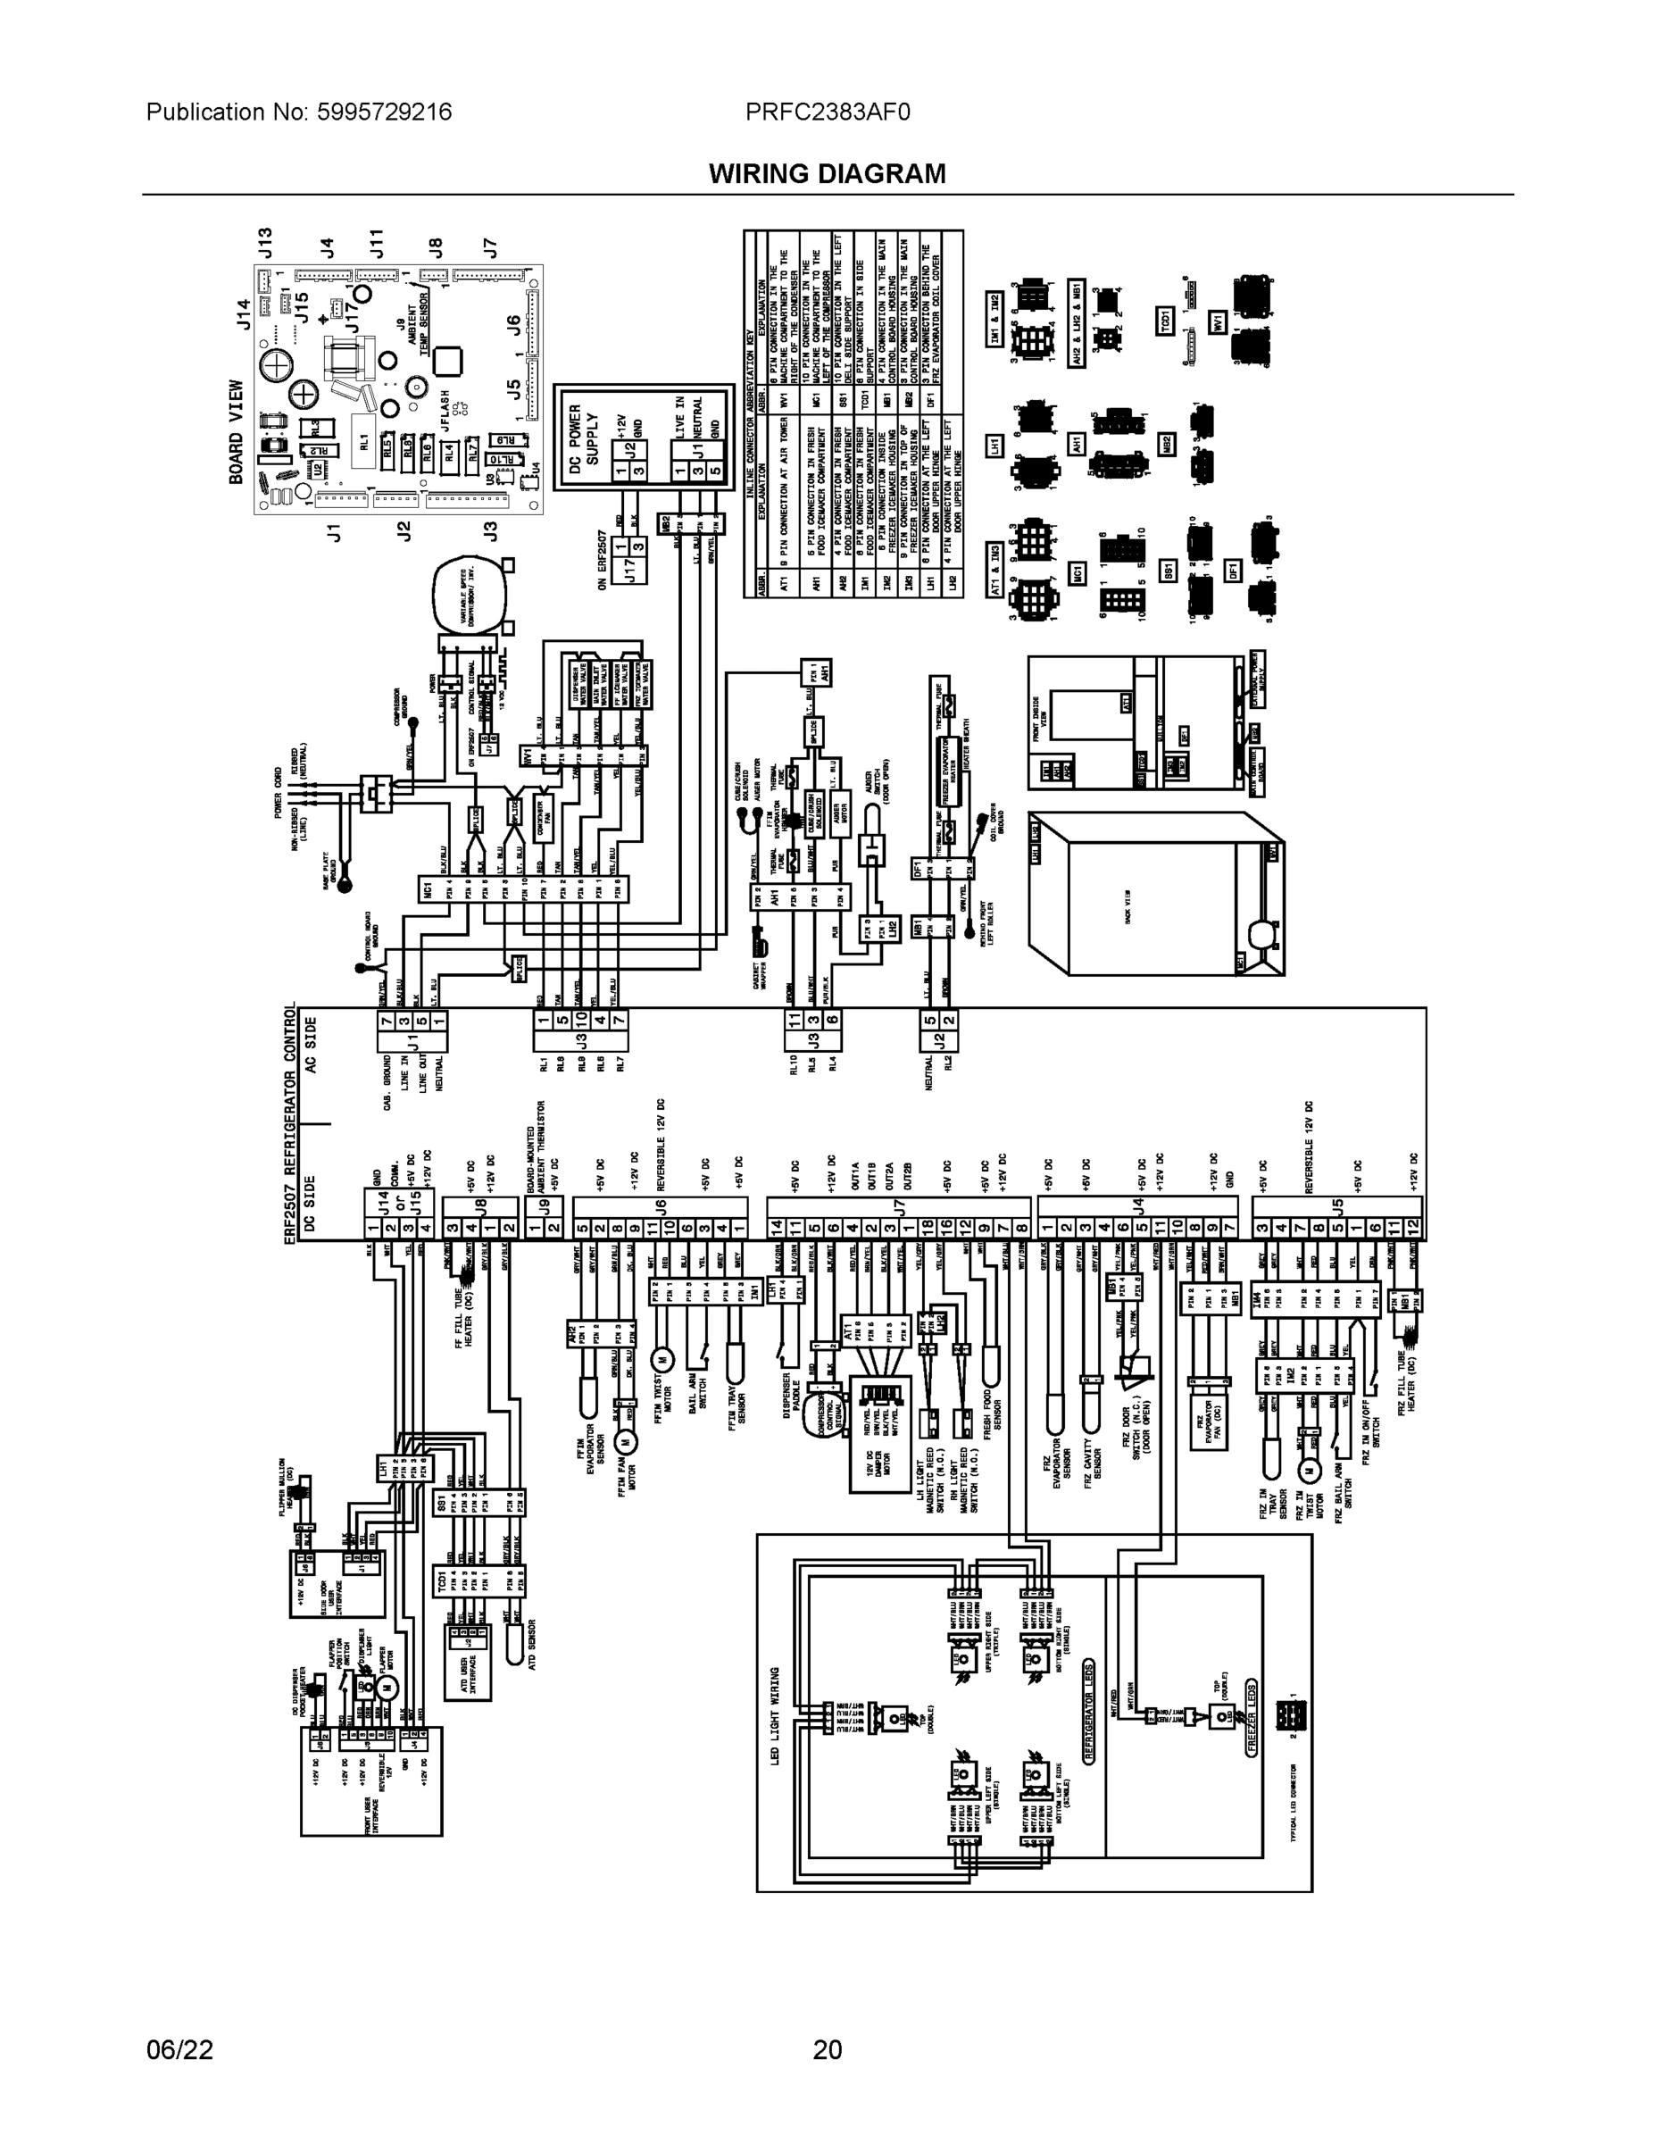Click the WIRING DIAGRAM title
(827, 174)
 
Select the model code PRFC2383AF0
(827, 112)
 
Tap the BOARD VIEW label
(237, 432)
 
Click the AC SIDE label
(310, 1046)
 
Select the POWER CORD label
(279, 793)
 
